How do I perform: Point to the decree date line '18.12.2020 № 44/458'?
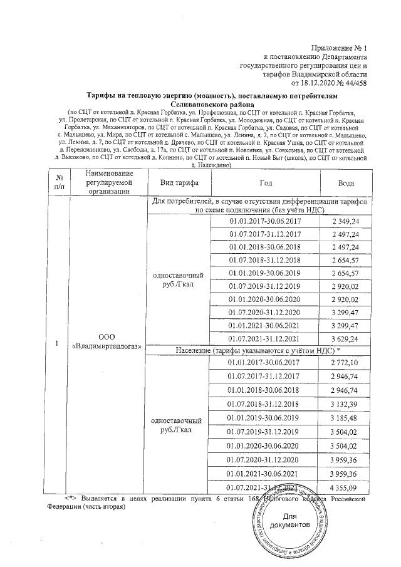[x=329, y=82]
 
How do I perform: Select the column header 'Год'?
[x=266, y=182]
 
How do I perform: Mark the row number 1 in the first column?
[x=58, y=345]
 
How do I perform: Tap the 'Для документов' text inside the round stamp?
[x=292, y=520]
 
